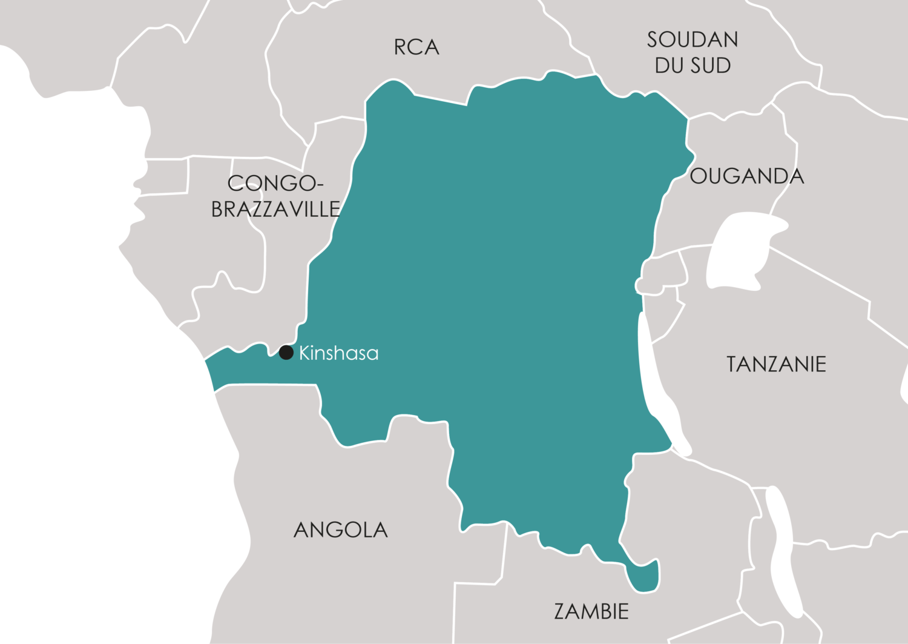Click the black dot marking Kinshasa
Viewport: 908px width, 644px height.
click(286, 352)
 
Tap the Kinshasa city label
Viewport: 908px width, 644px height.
click(338, 353)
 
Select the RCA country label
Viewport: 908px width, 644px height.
click(416, 47)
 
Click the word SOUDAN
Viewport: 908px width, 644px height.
click(693, 40)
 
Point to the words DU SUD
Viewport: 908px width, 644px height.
click(693, 65)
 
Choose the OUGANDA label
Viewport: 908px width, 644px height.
click(747, 176)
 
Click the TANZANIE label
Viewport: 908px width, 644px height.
click(776, 364)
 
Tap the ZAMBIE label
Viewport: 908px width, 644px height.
click(591, 611)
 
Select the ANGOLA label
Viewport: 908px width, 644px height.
click(341, 530)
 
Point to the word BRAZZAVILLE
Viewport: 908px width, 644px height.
click(275, 209)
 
